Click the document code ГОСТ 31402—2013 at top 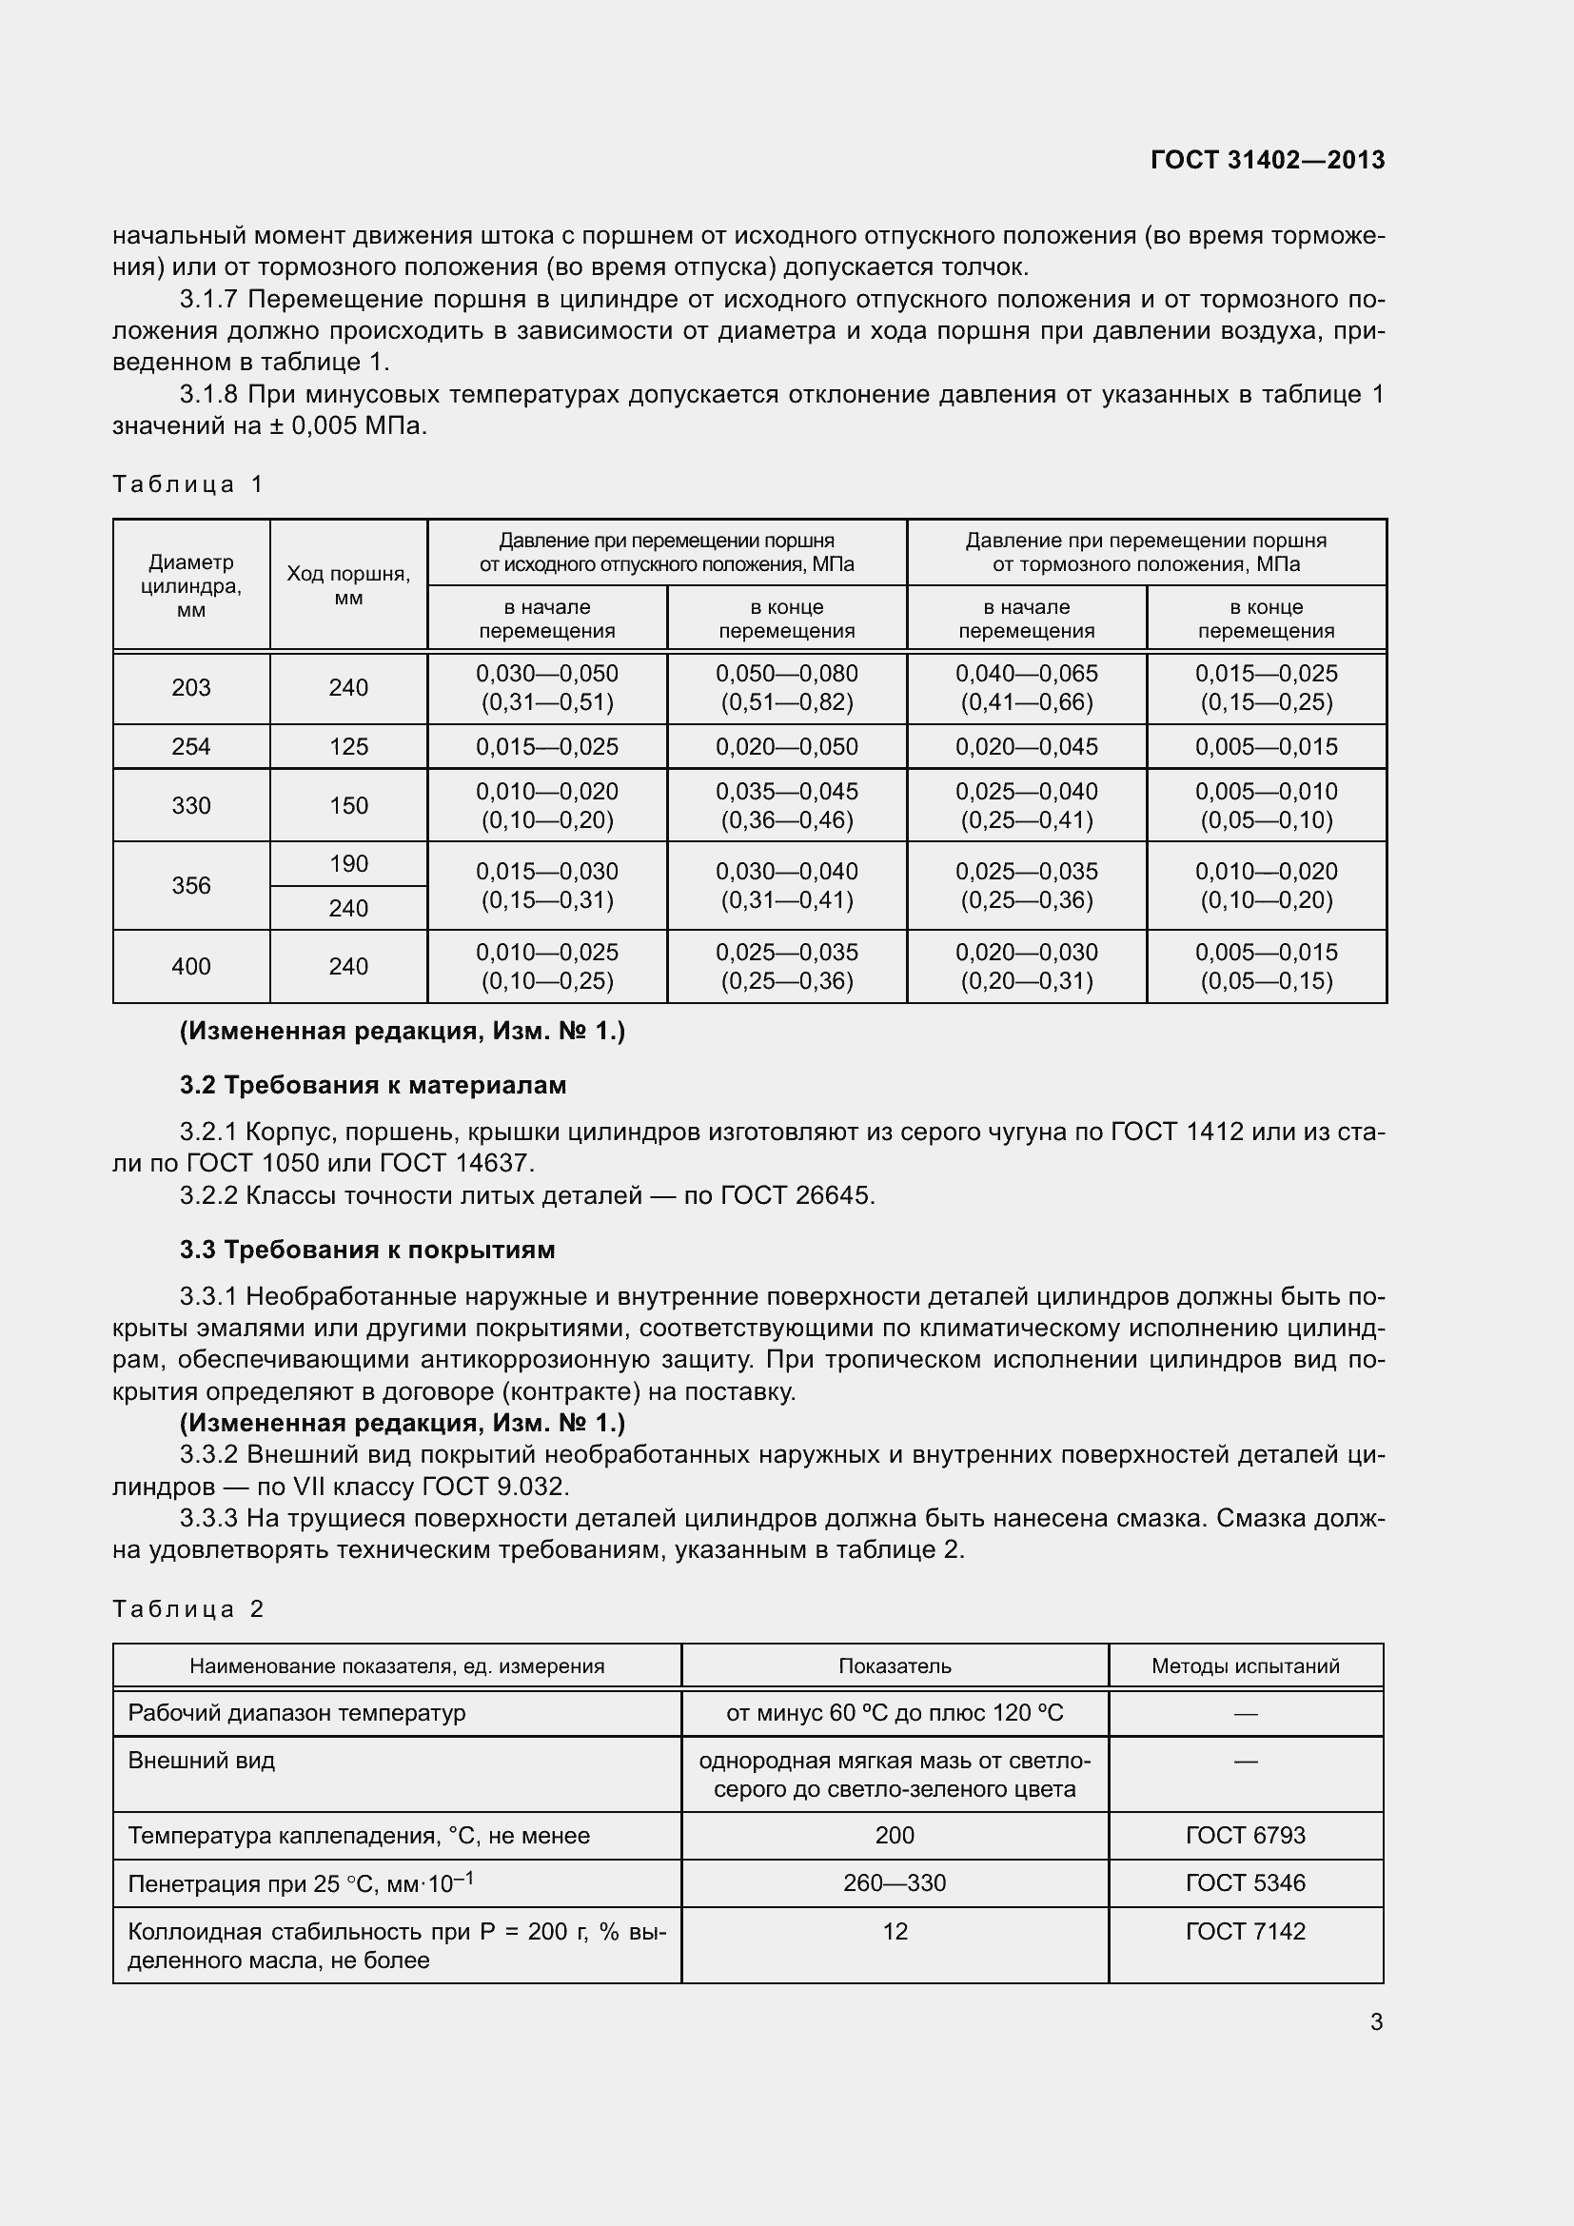[x=1267, y=160]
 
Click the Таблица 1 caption [x=188, y=483]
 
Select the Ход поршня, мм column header [x=348, y=585]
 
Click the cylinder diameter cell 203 [x=191, y=687]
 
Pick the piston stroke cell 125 [x=348, y=746]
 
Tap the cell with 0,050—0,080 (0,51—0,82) [x=786, y=687]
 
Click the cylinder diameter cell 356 [x=191, y=885]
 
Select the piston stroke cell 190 [x=348, y=864]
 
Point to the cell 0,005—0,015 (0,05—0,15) [x=1266, y=966]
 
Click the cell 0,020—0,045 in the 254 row [x=1027, y=746]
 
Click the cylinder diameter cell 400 [x=191, y=966]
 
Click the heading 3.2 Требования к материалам [x=373, y=1085]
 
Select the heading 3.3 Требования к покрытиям [x=367, y=1250]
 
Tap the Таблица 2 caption [x=188, y=1609]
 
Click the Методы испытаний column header [x=1245, y=1665]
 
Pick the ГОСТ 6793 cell [x=1245, y=1835]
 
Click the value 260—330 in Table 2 [x=894, y=1882]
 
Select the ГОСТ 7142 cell [x=1245, y=1931]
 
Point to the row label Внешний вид [x=202, y=1761]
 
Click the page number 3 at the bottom [x=1375, y=2022]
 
